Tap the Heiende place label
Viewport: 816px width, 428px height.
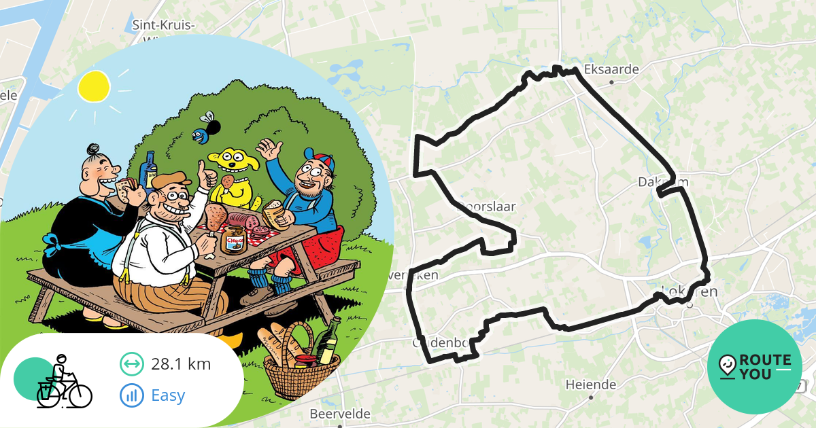click(x=590, y=385)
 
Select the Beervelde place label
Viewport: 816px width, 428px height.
click(x=340, y=414)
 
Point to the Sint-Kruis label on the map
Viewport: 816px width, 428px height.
click(x=163, y=26)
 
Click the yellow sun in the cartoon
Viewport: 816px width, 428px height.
click(x=94, y=86)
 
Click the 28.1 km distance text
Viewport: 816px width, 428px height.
click(x=181, y=364)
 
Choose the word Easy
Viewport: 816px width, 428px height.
click(x=168, y=395)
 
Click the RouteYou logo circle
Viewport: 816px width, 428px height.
click(x=755, y=367)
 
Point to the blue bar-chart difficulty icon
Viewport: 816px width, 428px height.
click(x=131, y=395)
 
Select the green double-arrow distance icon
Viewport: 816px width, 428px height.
click(x=131, y=364)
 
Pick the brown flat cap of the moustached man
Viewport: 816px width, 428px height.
click(x=167, y=181)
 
